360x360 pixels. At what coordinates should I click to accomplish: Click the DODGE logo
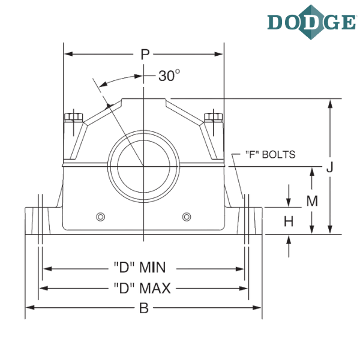coord(311,22)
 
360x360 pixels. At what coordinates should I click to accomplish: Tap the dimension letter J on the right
coord(329,170)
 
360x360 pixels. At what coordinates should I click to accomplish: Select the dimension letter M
coord(312,202)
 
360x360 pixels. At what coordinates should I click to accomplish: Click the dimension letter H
coord(289,221)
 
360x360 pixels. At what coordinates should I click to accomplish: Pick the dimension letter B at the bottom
coord(143,308)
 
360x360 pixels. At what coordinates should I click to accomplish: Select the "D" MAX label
coord(143,289)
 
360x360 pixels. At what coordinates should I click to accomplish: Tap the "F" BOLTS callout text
coord(271,155)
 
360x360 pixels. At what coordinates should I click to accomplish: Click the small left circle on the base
coord(101,215)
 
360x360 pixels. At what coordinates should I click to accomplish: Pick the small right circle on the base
coord(185,215)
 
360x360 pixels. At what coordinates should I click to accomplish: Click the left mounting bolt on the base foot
coord(40,219)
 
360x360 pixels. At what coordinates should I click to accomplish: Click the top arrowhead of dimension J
coord(329,102)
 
